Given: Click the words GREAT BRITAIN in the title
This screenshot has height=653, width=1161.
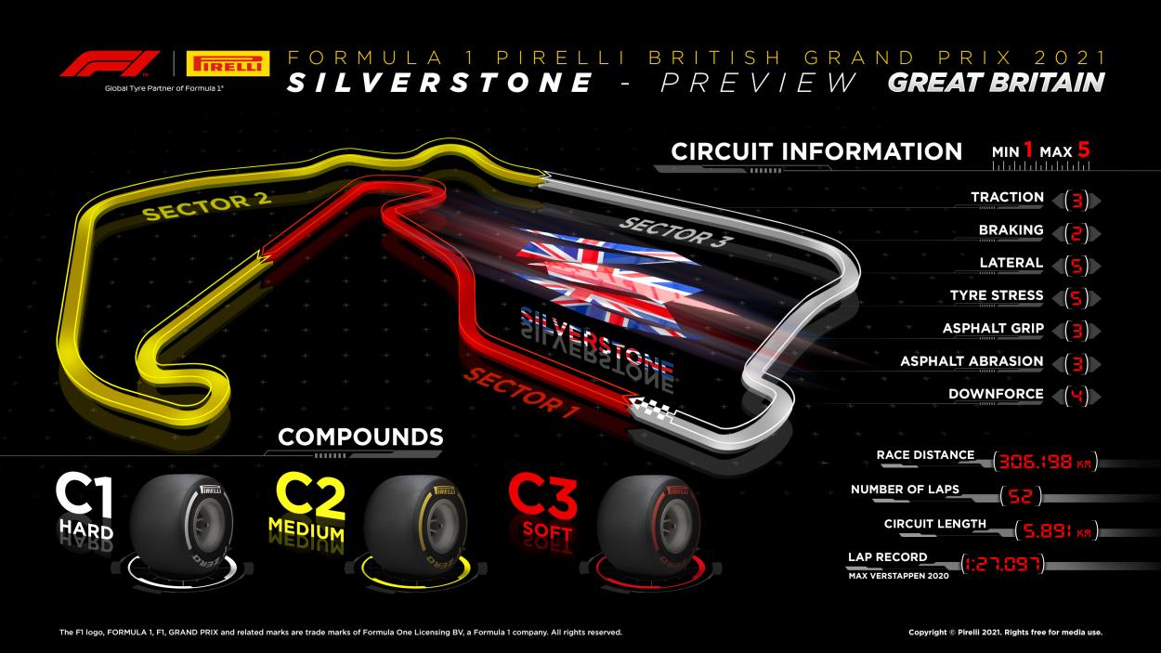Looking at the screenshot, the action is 996,83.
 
